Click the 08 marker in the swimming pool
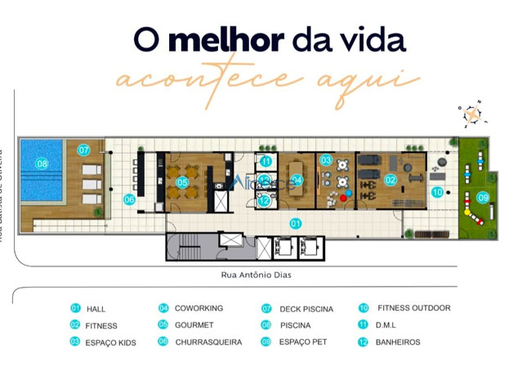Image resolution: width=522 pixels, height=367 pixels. click(42, 164)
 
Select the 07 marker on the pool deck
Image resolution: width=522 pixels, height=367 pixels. click(83, 150)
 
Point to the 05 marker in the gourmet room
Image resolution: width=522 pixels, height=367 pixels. click(183, 181)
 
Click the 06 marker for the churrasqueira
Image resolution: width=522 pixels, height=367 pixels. click(129, 199)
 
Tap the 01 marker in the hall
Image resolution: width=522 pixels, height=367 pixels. click(296, 222)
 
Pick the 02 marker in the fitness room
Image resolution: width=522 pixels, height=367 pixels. click(390, 180)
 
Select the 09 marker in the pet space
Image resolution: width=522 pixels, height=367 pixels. click(483, 197)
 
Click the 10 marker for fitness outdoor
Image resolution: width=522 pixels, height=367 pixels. click(438, 193)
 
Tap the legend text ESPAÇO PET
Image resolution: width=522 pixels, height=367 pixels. click(302, 342)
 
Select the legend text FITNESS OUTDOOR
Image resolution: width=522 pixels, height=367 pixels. click(413, 308)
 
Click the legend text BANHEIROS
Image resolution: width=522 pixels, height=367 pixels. click(398, 342)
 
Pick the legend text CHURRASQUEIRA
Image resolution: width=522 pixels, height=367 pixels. click(208, 342)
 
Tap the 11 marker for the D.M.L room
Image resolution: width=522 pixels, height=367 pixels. click(265, 161)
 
